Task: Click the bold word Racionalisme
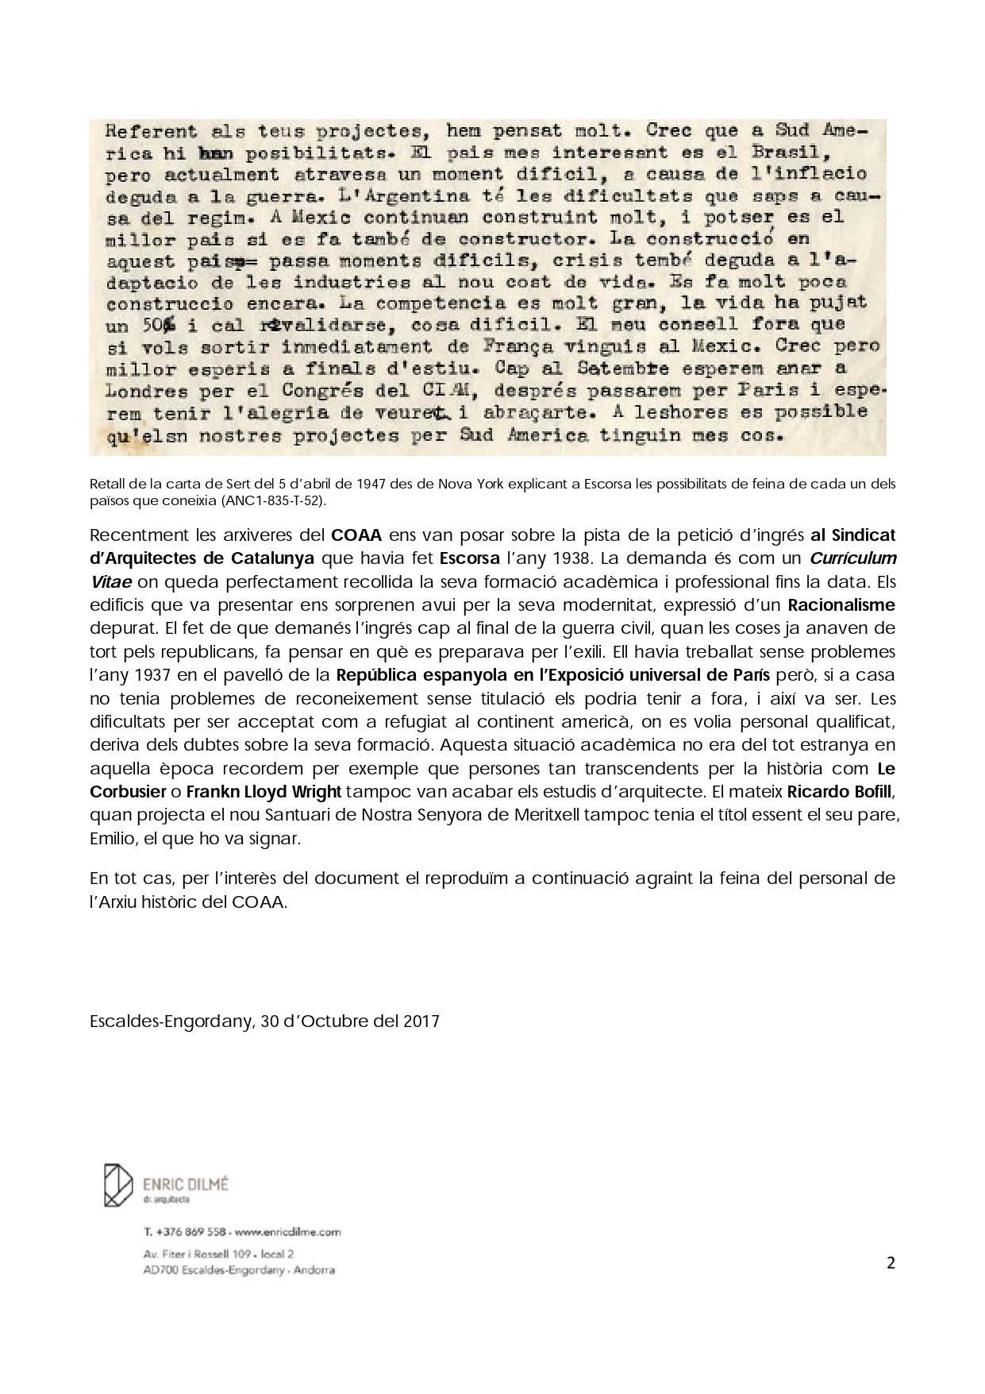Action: pos(841,605)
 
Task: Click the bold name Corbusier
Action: pos(129,793)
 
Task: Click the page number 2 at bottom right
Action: pos(891,1264)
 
